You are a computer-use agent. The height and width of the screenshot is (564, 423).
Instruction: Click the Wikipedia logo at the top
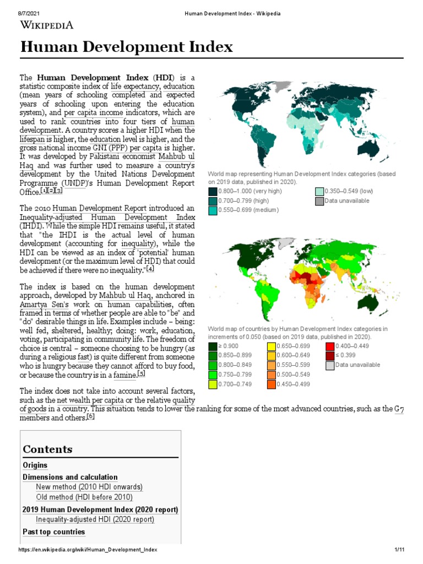click(46, 24)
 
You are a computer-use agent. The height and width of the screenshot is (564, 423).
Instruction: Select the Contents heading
click(47, 449)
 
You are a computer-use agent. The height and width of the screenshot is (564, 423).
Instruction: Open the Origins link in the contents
click(35, 465)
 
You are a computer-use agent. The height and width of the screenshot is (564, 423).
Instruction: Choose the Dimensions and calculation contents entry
click(70, 477)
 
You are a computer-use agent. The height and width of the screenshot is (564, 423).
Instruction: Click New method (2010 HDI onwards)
click(89, 487)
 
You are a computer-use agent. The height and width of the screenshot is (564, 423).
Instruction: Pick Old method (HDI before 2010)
click(84, 497)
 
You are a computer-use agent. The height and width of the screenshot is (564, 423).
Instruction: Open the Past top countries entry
click(53, 532)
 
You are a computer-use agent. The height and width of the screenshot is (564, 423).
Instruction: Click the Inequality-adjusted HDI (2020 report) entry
click(95, 519)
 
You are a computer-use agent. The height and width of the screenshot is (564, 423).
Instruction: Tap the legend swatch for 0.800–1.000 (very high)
click(213, 192)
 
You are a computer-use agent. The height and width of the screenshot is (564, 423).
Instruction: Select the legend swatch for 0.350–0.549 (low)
click(319, 192)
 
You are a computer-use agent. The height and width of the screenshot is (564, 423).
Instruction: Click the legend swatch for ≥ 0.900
click(213, 346)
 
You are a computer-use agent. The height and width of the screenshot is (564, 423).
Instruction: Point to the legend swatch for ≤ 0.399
click(330, 356)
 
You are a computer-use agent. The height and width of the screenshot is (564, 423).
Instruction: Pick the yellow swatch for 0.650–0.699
click(272, 346)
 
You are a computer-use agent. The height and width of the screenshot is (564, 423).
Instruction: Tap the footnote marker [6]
click(90, 417)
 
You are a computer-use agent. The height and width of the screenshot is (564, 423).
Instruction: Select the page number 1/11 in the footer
click(399, 550)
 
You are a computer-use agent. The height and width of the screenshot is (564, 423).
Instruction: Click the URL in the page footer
click(88, 550)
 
